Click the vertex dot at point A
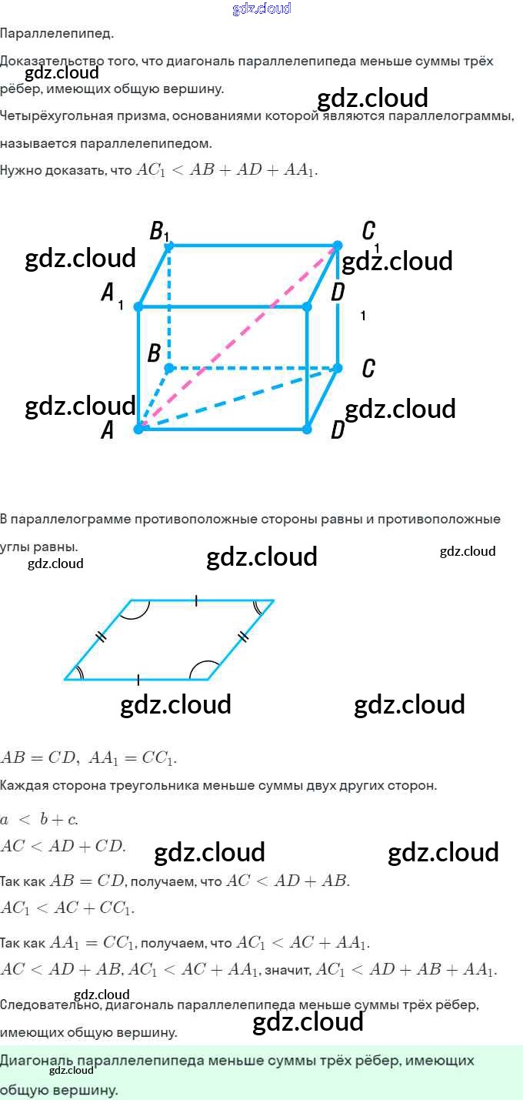(x=138, y=428)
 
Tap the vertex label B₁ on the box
(x=158, y=231)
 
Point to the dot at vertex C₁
(x=337, y=246)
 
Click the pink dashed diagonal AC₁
(x=238, y=336)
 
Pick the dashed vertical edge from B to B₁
(x=170, y=308)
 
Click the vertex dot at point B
(x=170, y=368)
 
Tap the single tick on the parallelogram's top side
(x=196, y=600)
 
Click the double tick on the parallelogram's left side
(x=101, y=637)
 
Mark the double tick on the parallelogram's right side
(x=243, y=636)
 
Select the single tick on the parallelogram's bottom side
(x=138, y=680)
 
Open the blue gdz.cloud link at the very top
(x=261, y=8)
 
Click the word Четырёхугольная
(x=49, y=116)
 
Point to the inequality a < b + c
(x=39, y=817)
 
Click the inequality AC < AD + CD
(x=63, y=845)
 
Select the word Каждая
(x=23, y=786)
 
